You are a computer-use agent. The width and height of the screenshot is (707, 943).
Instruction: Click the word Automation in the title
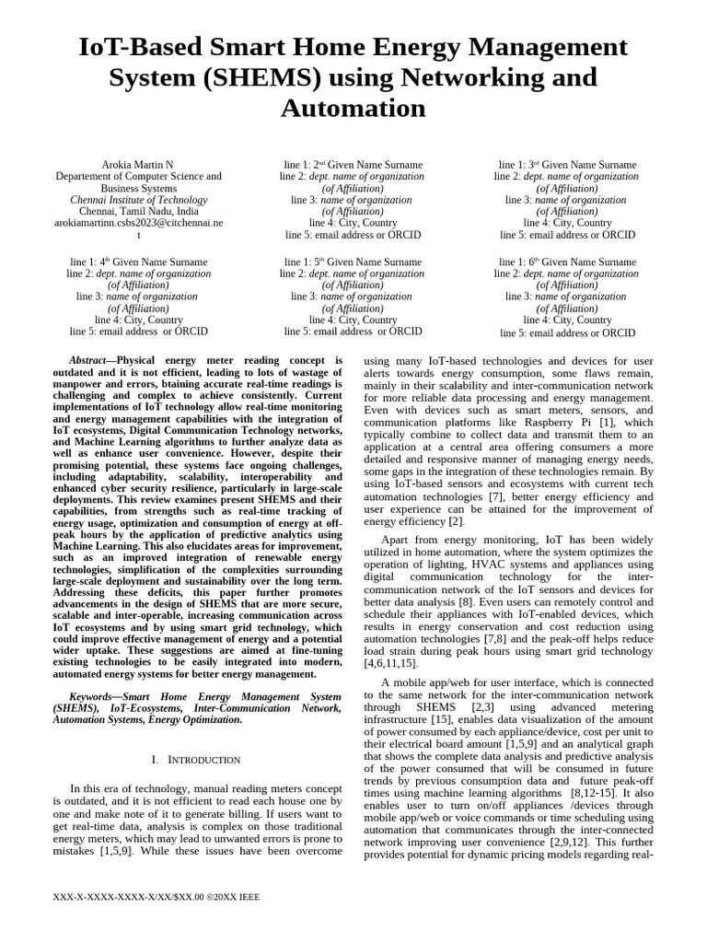(353, 109)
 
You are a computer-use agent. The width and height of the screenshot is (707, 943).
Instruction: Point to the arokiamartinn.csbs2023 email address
(138, 223)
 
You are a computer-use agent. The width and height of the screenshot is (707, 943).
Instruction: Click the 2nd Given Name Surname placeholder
(353, 165)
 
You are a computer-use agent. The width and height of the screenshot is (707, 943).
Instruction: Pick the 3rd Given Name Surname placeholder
(567, 165)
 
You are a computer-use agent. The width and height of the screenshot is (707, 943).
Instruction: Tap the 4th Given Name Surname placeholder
(138, 262)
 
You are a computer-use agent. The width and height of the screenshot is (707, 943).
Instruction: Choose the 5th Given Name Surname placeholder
(353, 262)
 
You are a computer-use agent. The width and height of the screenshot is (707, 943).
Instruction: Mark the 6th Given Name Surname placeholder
(567, 262)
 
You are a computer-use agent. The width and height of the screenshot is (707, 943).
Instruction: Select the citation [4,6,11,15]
(392, 662)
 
